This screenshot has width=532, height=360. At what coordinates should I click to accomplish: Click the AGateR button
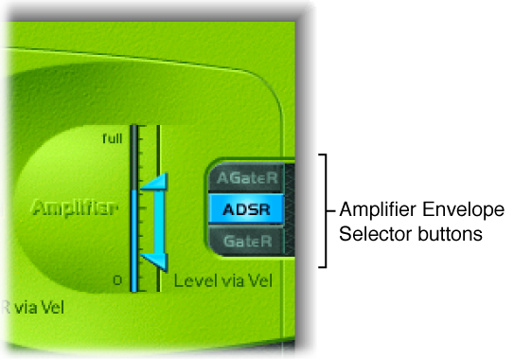click(x=245, y=178)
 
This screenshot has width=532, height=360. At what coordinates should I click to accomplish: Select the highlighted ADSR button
click(x=245, y=209)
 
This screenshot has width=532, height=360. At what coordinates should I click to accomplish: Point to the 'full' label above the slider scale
click(x=113, y=139)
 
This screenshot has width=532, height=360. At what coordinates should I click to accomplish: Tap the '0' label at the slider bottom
click(x=117, y=279)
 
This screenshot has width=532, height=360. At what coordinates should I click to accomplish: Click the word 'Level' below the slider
click(x=195, y=281)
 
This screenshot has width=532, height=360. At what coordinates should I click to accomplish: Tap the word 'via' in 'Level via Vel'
click(x=229, y=281)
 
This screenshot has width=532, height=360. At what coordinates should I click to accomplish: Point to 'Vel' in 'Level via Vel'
click(x=256, y=281)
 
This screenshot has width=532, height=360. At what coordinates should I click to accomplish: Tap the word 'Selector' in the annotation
click(x=366, y=231)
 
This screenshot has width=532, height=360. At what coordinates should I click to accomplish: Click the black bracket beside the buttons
click(x=327, y=210)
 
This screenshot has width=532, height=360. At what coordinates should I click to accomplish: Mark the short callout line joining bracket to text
click(x=331, y=210)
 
